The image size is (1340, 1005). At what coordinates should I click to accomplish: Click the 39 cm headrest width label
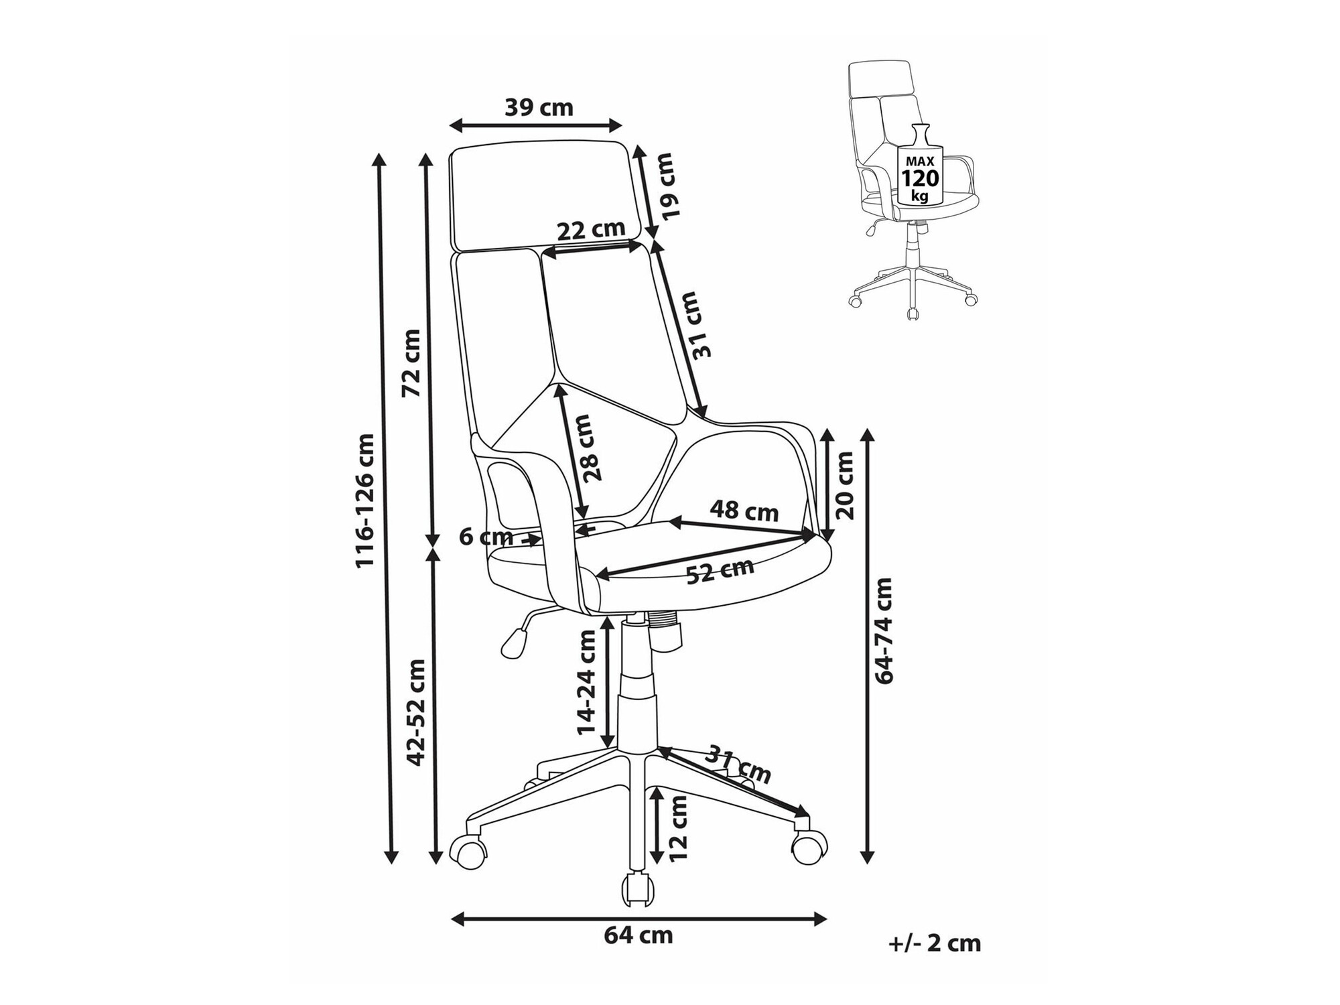[539, 107]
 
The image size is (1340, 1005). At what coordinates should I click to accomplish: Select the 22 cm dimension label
[591, 230]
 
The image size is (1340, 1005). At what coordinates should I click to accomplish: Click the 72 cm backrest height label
[411, 362]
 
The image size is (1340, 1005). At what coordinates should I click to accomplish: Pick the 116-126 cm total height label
[365, 500]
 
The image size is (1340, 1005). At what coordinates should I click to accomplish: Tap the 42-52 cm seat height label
[415, 712]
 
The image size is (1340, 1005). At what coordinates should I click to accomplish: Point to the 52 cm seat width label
[720, 572]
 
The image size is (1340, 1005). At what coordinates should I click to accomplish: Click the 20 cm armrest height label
[846, 485]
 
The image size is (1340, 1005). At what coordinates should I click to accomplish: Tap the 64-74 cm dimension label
[884, 630]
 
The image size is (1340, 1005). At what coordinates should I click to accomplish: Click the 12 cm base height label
[679, 829]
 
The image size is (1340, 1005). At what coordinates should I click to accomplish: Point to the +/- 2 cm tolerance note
[935, 943]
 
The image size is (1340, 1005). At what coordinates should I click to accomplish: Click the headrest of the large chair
[539, 196]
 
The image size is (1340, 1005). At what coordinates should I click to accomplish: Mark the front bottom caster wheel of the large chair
[639, 889]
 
